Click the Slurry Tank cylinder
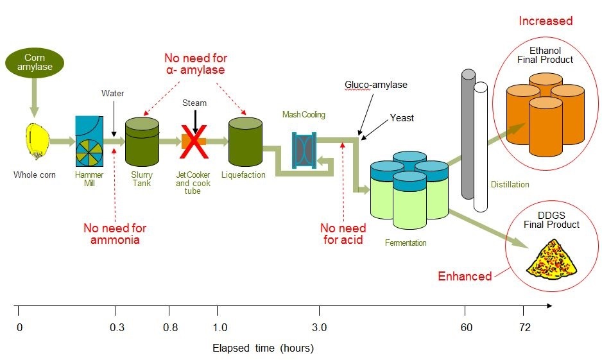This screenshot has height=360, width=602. click(141, 142)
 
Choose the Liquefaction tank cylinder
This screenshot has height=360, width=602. click(246, 142)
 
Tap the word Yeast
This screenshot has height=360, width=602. click(402, 118)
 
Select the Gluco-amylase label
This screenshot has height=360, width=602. click(376, 85)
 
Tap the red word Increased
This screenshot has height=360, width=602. click(546, 21)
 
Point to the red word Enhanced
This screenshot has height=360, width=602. click(465, 277)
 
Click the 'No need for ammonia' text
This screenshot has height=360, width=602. click(115, 234)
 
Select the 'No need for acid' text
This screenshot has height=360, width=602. click(343, 234)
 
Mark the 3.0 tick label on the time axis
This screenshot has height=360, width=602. click(319, 328)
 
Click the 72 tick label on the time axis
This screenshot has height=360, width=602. click(525, 328)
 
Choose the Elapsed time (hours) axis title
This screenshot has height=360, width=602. click(263, 348)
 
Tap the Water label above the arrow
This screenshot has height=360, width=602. click(113, 94)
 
